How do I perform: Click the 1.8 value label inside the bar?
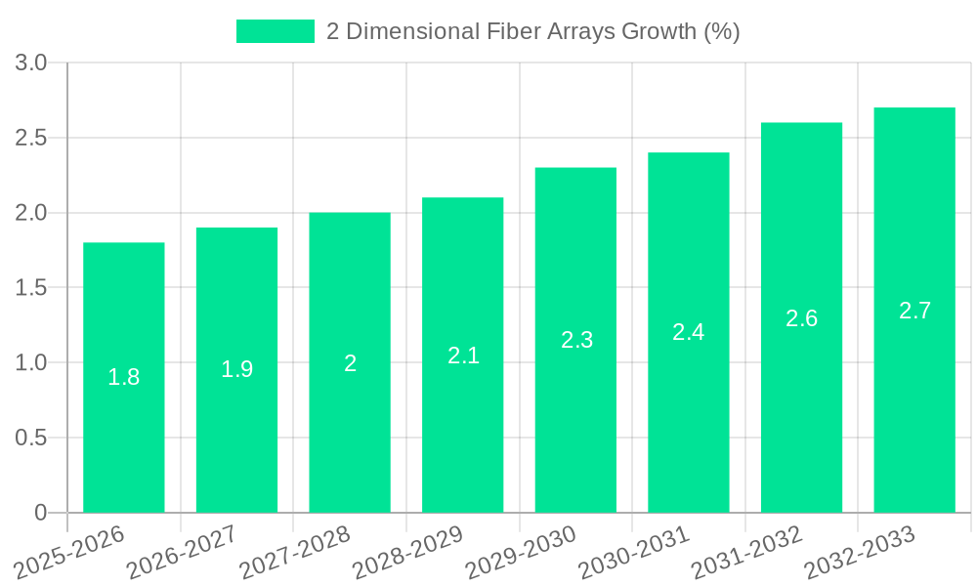tap(124, 377)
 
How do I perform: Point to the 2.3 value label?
tap(576, 340)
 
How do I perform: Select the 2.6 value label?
tap(802, 317)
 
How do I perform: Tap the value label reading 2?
tap(350, 363)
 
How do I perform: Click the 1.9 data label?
tap(236, 369)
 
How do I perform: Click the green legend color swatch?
tap(275, 31)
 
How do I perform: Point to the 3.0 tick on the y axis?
tap(31, 63)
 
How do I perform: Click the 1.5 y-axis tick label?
tap(31, 288)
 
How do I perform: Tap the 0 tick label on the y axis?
tap(40, 513)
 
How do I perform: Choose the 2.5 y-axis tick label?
tap(31, 138)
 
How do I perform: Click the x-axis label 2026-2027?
tap(181, 552)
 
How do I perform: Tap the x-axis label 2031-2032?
tap(746, 552)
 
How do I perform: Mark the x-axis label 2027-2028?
tap(294, 552)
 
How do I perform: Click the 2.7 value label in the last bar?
tap(914, 311)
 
